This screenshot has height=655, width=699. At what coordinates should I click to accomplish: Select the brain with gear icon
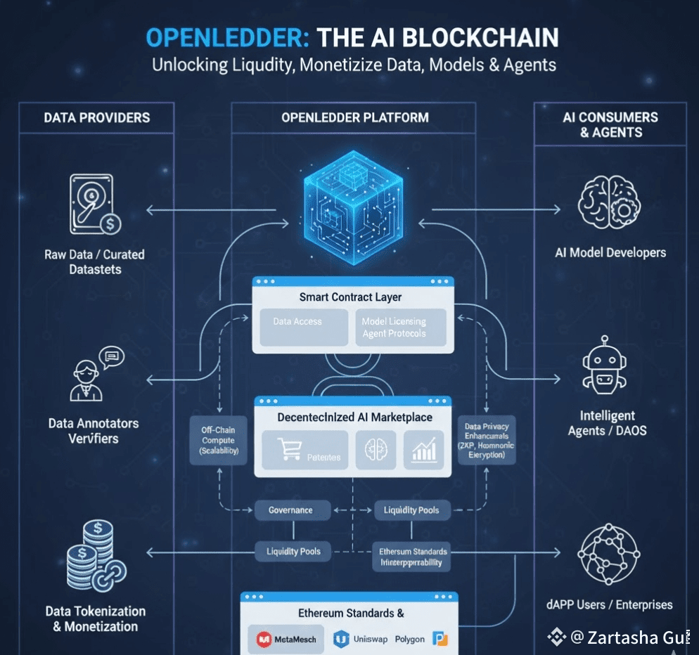coord(608,204)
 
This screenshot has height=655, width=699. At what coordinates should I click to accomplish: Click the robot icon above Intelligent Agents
coord(604,365)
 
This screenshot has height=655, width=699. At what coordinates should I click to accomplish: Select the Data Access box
coord(303,327)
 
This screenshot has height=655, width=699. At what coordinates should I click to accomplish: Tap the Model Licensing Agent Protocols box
coord(400,327)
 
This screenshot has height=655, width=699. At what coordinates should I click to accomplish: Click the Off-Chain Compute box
coord(219,441)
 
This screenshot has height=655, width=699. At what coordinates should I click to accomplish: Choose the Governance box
coord(290,510)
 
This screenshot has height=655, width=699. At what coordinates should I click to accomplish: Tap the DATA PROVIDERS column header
coord(97,117)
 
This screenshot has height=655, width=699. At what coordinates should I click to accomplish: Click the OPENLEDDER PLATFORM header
coord(354,117)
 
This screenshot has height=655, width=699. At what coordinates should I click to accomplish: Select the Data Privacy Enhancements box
coord(487,440)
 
